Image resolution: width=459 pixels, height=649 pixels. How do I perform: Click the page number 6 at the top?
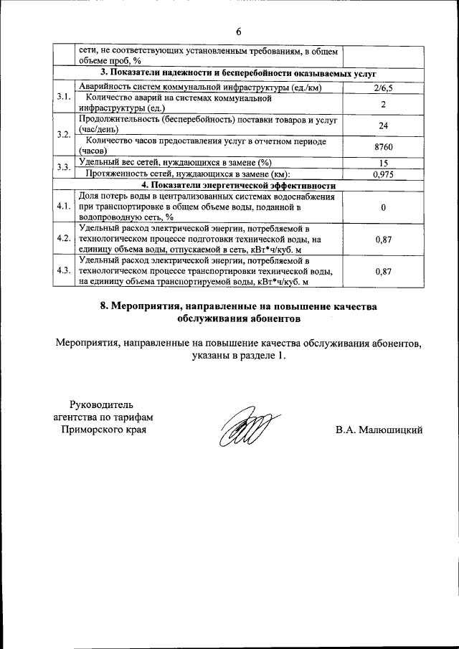tap(238, 32)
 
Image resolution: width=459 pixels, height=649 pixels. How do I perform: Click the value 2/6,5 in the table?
tap(384, 88)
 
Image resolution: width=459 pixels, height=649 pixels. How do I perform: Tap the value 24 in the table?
tap(384, 125)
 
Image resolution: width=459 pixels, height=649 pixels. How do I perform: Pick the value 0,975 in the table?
tap(384, 174)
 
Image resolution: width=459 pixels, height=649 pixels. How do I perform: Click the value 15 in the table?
tap(384, 164)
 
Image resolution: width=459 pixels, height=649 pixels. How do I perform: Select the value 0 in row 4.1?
tap(384, 207)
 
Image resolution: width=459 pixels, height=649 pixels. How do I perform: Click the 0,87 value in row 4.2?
tap(384, 240)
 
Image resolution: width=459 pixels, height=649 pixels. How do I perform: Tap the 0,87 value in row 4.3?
tap(384, 272)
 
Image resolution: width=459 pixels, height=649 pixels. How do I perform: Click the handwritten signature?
tap(245, 432)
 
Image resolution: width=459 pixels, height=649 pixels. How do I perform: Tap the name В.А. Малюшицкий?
tap(379, 430)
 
